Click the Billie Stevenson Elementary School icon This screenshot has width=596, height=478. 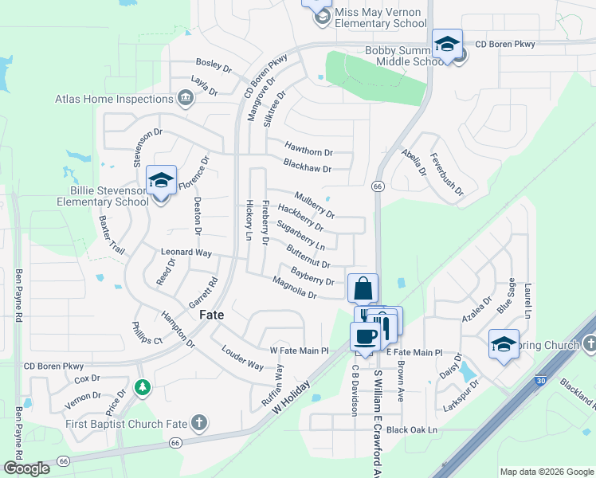[161, 182]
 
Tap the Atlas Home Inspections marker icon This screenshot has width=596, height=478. [185, 99]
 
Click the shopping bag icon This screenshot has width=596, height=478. [363, 287]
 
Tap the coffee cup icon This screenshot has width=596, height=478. [366, 336]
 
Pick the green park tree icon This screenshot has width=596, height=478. [142, 387]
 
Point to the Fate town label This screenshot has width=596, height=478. [211, 315]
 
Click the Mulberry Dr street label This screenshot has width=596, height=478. [315, 205]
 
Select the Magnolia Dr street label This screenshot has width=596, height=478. [295, 288]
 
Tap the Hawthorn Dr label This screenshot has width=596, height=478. [308, 151]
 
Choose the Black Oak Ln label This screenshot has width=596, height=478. [412, 430]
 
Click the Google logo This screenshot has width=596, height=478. [27, 468]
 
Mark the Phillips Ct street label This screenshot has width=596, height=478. [147, 332]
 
